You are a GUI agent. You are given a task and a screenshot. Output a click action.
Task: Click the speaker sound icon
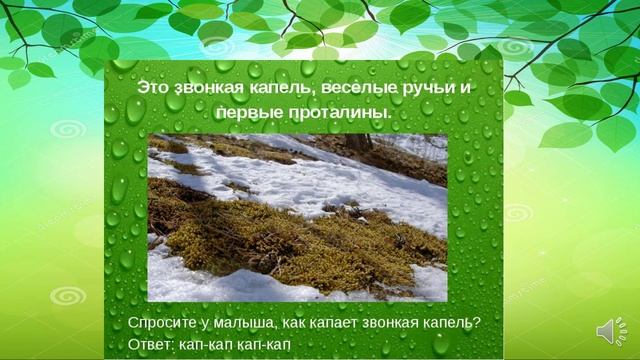pos(610,331)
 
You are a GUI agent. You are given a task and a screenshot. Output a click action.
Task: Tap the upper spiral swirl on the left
pos(68,131)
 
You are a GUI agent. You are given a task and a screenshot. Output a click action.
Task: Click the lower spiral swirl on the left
pos(68,297)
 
